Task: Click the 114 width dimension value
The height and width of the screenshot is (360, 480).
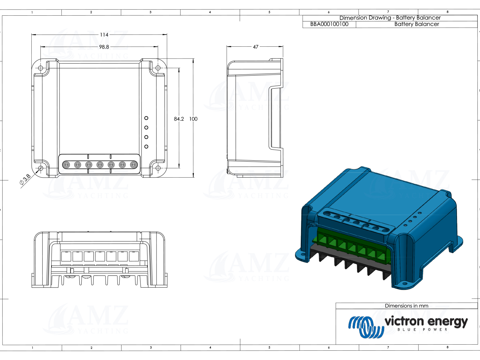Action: [x=104, y=35]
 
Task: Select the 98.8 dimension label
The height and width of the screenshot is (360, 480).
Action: [x=104, y=47]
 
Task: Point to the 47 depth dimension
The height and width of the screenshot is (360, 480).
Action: [x=255, y=47]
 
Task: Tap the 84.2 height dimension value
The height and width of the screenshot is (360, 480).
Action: [x=179, y=119]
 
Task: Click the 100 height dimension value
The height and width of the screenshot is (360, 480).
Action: [x=193, y=119]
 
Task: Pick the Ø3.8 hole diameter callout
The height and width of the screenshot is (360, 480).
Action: [x=25, y=180]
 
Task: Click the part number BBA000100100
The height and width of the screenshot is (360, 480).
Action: [x=329, y=24]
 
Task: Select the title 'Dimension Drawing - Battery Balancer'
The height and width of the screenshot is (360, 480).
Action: [x=390, y=18]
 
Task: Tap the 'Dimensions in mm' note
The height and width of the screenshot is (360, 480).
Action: [x=406, y=306]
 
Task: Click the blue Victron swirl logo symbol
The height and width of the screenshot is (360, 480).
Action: [x=365, y=327]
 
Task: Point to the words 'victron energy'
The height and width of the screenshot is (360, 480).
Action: [x=426, y=321]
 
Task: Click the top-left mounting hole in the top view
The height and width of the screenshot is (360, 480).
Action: [x=41, y=68]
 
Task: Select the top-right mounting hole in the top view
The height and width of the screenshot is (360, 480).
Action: [x=158, y=68]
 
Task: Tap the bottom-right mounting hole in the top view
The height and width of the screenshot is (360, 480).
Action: [x=158, y=168]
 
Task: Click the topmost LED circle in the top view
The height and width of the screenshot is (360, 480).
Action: [x=146, y=118]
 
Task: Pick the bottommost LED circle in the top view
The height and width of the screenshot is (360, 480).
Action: [x=146, y=147]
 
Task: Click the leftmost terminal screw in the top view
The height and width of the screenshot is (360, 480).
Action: [x=66, y=165]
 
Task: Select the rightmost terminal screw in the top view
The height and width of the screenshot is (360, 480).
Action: [x=133, y=165]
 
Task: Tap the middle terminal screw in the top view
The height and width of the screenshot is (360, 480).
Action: [x=100, y=165]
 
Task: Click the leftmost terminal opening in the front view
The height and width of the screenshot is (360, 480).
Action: [x=66, y=256]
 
